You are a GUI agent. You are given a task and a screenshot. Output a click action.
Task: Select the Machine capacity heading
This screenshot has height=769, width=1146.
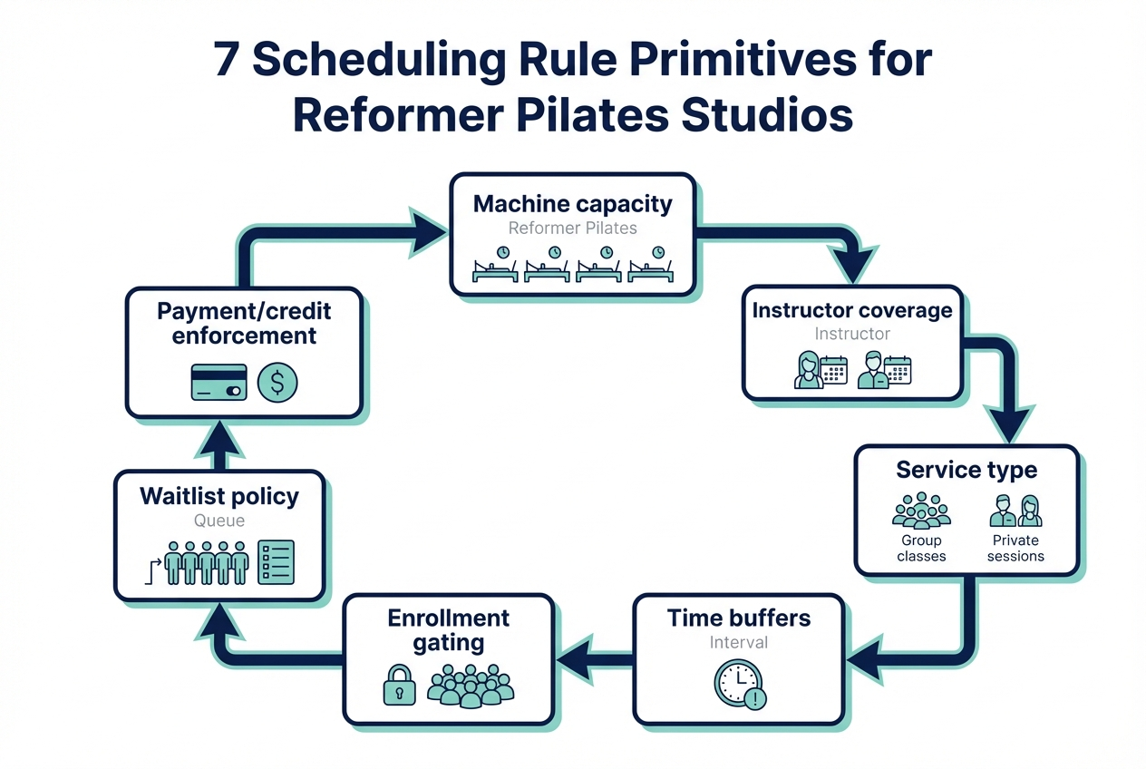[573, 203]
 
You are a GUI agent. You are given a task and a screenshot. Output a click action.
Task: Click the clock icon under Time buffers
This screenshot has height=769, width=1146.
[738, 683]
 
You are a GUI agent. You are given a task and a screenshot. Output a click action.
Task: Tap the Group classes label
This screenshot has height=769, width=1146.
[921, 548]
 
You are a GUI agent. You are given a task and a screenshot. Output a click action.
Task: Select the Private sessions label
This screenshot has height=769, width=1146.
[1015, 548]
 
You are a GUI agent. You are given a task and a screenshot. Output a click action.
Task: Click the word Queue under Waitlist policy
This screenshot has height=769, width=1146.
[219, 521]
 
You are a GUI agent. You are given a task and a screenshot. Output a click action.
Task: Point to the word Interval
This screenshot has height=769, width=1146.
[739, 642]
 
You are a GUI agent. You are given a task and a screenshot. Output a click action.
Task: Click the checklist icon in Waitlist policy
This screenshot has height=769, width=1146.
[276, 562]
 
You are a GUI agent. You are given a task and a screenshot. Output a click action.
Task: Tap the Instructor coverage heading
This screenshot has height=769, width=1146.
[852, 310]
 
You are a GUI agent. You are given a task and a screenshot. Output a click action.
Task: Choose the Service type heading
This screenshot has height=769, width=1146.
[966, 470]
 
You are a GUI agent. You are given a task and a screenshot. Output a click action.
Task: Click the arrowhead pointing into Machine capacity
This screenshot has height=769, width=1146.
[428, 229]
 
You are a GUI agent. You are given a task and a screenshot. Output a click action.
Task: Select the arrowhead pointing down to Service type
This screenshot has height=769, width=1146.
[1008, 423]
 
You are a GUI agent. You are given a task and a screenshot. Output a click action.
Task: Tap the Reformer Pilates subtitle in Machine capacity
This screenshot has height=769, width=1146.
[573, 228]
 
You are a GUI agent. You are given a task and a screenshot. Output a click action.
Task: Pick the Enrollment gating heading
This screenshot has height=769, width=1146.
[449, 630]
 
